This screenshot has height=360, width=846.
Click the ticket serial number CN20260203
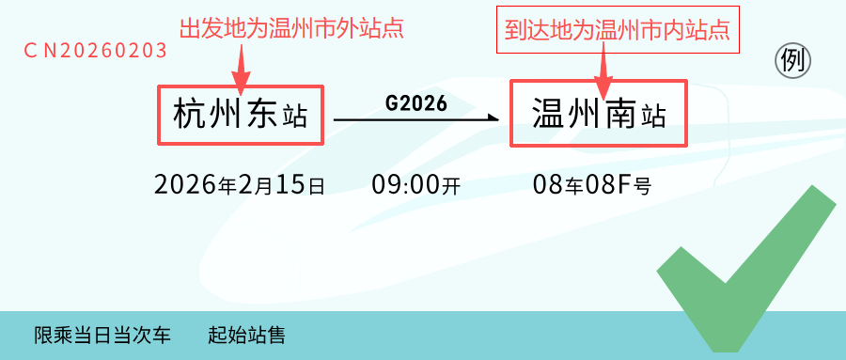[x=96, y=50]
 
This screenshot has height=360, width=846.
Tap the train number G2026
[x=416, y=103]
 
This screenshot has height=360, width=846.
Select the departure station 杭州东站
[x=240, y=115]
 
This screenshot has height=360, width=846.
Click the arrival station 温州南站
[x=599, y=114]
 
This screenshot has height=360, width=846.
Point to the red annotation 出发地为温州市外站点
[x=292, y=28]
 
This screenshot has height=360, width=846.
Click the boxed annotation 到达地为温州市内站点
[x=618, y=30]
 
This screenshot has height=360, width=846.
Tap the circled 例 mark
[x=793, y=61]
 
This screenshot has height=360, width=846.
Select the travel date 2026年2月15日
[x=240, y=185]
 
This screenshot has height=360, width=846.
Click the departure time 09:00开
[x=416, y=185]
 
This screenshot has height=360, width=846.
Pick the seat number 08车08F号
[x=592, y=185]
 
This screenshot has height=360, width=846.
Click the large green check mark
[x=747, y=270]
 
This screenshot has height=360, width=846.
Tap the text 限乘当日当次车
[x=102, y=336]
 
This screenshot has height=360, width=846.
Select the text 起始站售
[x=246, y=336]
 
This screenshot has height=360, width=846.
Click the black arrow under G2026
[x=416, y=118]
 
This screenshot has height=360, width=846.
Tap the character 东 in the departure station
[x=261, y=115]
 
